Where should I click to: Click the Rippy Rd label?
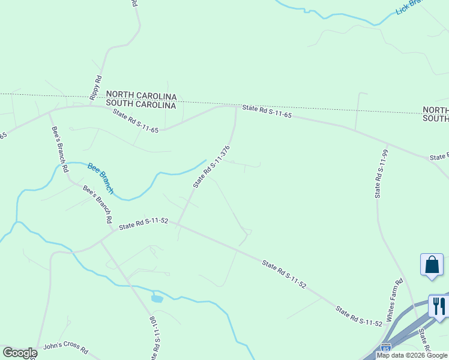click(x=95, y=88)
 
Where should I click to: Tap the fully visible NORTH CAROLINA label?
click(x=141, y=96)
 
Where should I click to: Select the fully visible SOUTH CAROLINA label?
click(x=141, y=105)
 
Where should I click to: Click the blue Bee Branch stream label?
click(x=100, y=178)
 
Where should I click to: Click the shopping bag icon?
click(x=432, y=265)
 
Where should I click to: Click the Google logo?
click(x=20, y=353)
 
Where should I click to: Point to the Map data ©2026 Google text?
click(x=412, y=355)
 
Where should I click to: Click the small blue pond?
click(x=157, y=298)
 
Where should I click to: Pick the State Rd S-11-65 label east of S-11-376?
click(x=267, y=111)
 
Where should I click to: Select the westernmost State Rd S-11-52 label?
click(x=142, y=224)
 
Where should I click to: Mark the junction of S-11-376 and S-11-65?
click(x=235, y=107)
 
